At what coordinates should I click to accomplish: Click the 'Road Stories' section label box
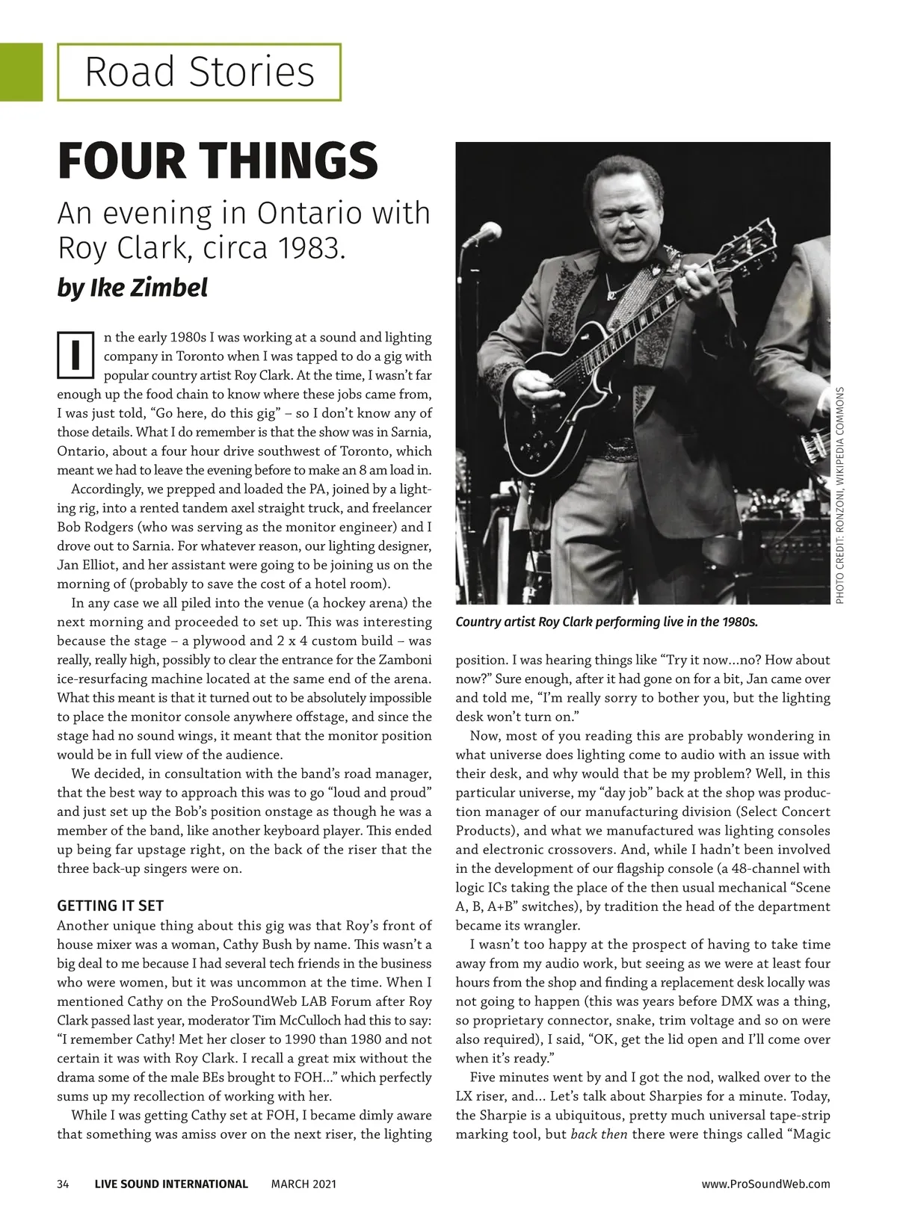tap(199, 72)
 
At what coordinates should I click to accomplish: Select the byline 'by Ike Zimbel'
tap(132, 287)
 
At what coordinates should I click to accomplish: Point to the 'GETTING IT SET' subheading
tap(110, 906)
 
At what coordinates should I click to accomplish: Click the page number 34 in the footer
tap(63, 1184)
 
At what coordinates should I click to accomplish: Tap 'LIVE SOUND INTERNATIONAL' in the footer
tap(171, 1184)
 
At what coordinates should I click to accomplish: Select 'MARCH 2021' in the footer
tap(303, 1184)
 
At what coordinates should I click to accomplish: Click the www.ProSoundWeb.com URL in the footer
tap(766, 1184)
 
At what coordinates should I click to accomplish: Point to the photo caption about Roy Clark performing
tap(606, 622)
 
